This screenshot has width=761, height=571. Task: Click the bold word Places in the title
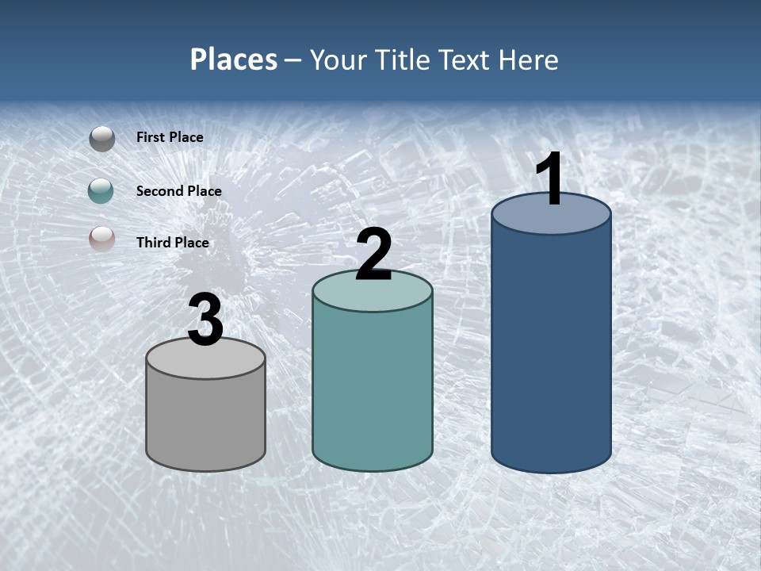click(234, 59)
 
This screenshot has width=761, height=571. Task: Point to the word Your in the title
click(337, 59)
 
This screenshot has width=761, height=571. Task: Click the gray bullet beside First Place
click(102, 139)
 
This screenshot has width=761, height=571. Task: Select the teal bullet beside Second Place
click(102, 191)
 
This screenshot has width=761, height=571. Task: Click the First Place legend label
click(170, 137)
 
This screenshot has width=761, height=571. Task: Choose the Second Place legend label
click(178, 191)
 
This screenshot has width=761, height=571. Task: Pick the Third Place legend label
click(172, 243)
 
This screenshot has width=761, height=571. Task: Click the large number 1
click(550, 179)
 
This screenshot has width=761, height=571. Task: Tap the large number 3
click(206, 320)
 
